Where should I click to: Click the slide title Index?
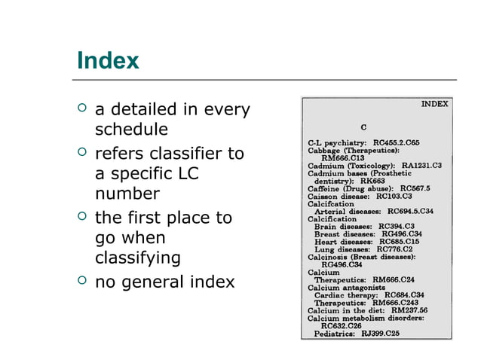(108, 60)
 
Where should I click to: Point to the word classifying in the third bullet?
(138, 258)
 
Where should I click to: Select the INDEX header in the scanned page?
(434, 103)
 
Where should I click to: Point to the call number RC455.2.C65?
(397, 142)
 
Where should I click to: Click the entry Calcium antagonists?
(348, 287)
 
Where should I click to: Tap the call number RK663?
(372, 181)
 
